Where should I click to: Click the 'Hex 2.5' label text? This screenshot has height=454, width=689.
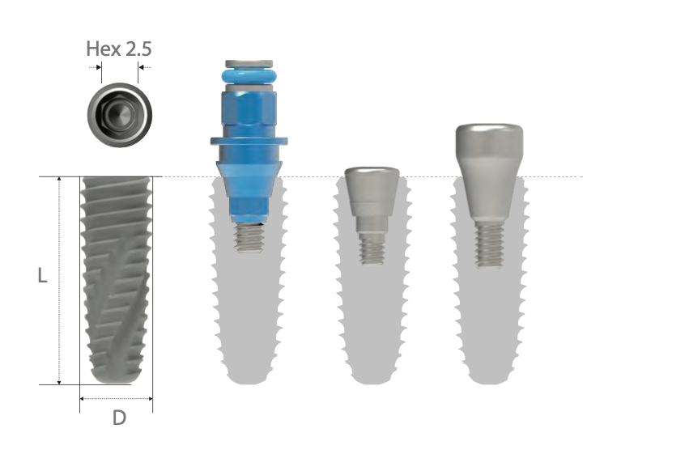[x=119, y=49]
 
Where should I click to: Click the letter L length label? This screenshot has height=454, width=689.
[x=43, y=276]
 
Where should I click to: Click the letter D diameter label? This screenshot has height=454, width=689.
[x=118, y=418]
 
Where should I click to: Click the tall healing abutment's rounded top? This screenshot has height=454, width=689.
[x=488, y=139]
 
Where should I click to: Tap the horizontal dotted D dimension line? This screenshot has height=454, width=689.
[x=117, y=398]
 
